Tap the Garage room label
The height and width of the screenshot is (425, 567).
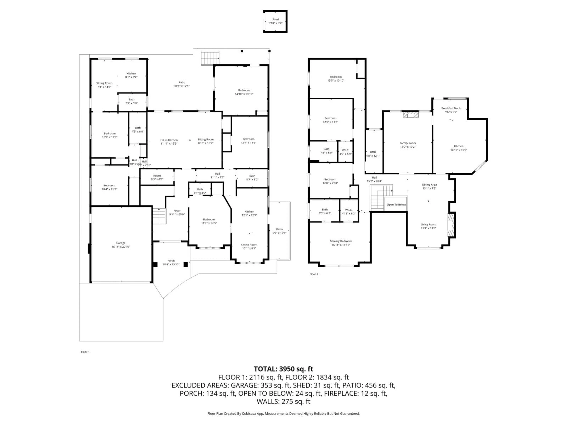point(121,243)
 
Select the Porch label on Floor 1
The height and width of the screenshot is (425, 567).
point(171,260)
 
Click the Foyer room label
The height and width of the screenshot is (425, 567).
point(177,211)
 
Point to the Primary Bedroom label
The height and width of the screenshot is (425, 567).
point(341,241)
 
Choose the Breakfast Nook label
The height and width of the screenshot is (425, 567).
point(451,108)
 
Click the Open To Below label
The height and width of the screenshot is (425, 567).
point(396,204)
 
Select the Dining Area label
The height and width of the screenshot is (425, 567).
point(429,184)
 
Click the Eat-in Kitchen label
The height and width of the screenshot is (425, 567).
point(169,140)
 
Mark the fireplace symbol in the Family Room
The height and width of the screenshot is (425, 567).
point(410,115)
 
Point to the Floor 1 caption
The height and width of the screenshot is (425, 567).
point(85,352)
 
